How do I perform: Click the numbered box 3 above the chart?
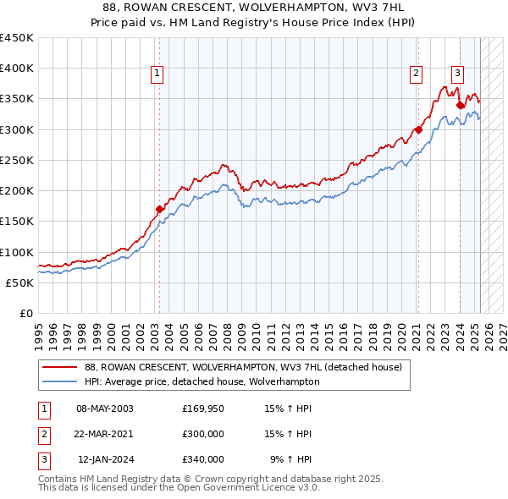457,73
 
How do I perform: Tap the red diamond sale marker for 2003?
159,208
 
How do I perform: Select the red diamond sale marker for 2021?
418,129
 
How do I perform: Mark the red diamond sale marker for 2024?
460,105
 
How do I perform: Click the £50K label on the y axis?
20,282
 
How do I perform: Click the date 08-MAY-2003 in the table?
105,409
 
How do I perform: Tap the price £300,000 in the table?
203,434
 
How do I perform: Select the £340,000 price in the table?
203,459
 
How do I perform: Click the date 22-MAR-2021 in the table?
105,434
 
